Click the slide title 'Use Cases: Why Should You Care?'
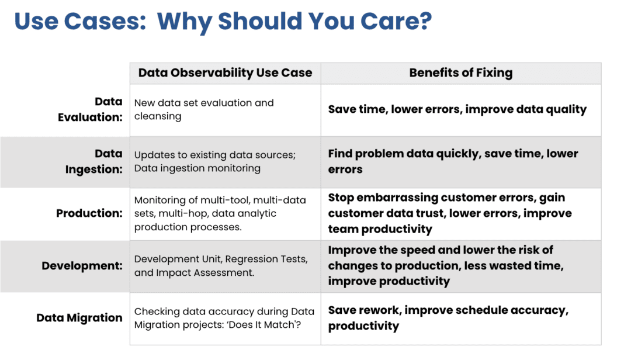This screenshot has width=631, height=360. tap(223, 22)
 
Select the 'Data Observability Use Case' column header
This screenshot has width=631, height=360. tap(225, 73)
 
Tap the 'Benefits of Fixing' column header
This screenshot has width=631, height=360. tap(460, 73)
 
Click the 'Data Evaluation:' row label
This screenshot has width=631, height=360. tap(91, 109)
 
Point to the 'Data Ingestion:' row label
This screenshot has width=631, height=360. tap(94, 161)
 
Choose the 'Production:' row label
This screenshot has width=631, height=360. tap(89, 213)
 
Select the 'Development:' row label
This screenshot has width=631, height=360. tap(82, 265)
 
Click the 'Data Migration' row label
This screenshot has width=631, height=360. tap(79, 318)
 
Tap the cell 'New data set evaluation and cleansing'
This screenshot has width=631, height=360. tap(204, 109)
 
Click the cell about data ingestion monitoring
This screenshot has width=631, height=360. tap(214, 161)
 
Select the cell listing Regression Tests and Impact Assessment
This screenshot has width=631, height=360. tap(221, 265)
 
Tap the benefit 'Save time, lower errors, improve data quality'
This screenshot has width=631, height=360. tap(457, 109)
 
